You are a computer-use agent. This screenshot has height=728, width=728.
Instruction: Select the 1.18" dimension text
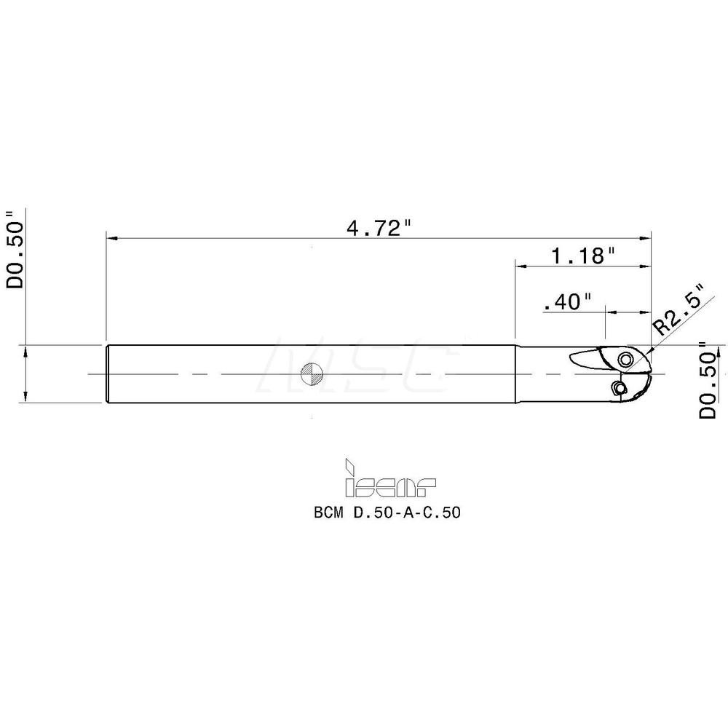pos(582,256)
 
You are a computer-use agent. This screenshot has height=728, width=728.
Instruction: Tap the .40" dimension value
pos(566,302)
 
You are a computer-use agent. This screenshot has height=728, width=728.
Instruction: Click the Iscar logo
pos(390,481)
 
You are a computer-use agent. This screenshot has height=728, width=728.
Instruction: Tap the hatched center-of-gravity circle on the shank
pos(312,374)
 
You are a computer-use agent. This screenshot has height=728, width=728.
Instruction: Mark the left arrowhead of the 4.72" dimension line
pos(111,238)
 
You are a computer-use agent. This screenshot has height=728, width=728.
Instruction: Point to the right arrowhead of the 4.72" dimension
pos(646,238)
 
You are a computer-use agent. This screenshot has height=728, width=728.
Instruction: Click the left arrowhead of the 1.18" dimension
pos(520,266)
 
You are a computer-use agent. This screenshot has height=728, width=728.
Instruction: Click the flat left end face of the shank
pos(107,374)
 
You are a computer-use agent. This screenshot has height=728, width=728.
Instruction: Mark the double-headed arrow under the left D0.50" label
pos(26,374)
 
